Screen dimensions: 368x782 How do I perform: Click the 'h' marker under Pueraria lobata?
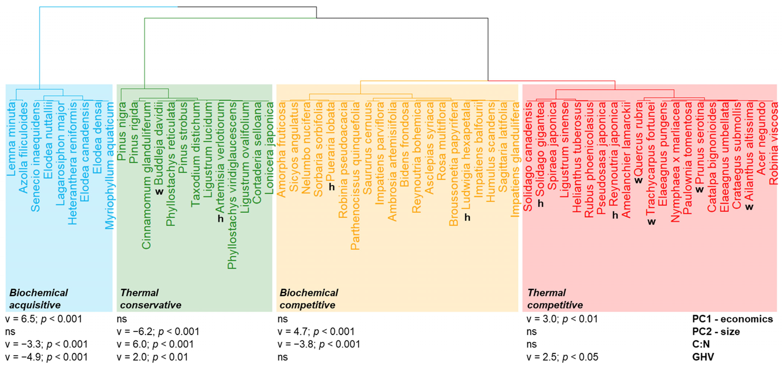[x=331, y=187]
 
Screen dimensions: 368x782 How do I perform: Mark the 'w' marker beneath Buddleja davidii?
[x=159, y=192]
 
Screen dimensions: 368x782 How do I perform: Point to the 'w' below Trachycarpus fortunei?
[x=651, y=222]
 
